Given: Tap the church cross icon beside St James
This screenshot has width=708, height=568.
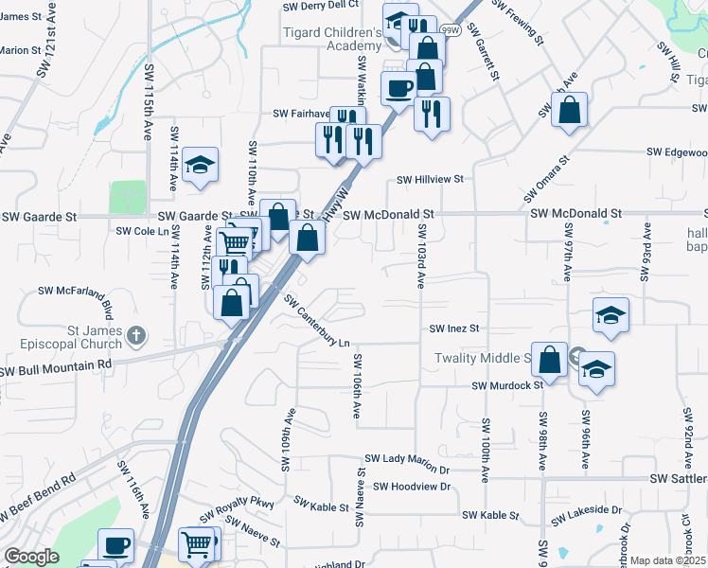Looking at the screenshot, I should point(137,335).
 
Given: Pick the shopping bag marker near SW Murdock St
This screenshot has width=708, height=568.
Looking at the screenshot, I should point(549,360).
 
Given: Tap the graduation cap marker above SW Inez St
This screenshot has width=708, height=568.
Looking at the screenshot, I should point(611,315).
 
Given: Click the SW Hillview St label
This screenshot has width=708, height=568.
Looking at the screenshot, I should point(430,179).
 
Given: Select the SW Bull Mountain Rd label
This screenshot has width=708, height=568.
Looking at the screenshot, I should point(57,364).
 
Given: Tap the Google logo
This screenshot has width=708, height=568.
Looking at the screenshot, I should point(31,556).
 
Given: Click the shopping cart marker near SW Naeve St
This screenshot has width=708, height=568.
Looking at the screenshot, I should point(197,543).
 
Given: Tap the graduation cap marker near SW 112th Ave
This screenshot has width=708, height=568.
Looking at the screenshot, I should point(200,165).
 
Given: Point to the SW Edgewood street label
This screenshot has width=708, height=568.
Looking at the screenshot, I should point(677,152).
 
